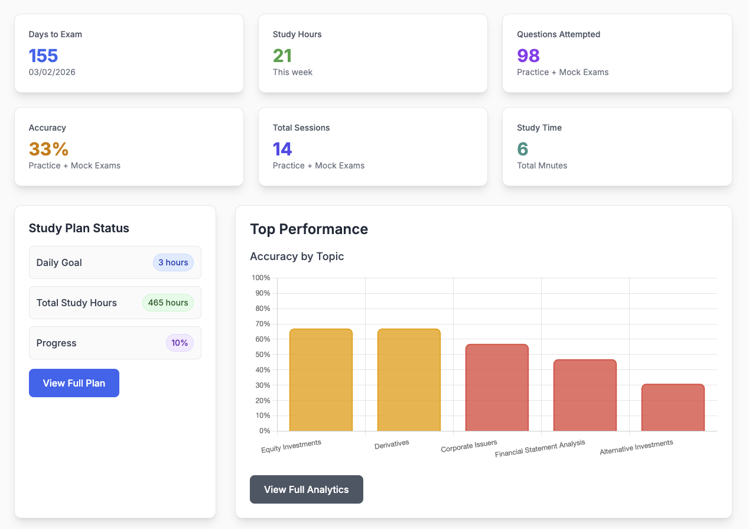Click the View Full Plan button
(74, 383)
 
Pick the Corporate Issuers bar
(497, 388)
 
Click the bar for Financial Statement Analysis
(585, 395)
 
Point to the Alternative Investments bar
(673, 408)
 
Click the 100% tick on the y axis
(260, 278)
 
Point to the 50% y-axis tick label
(262, 355)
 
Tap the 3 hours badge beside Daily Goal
(173, 262)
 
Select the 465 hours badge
(168, 303)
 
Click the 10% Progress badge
(180, 343)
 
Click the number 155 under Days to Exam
(43, 56)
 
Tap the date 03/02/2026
(52, 72)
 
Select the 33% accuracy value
(48, 149)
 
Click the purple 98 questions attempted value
(528, 56)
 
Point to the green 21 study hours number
(282, 56)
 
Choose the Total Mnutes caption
(542, 165)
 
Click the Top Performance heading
(309, 229)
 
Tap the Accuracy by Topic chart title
(297, 256)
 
